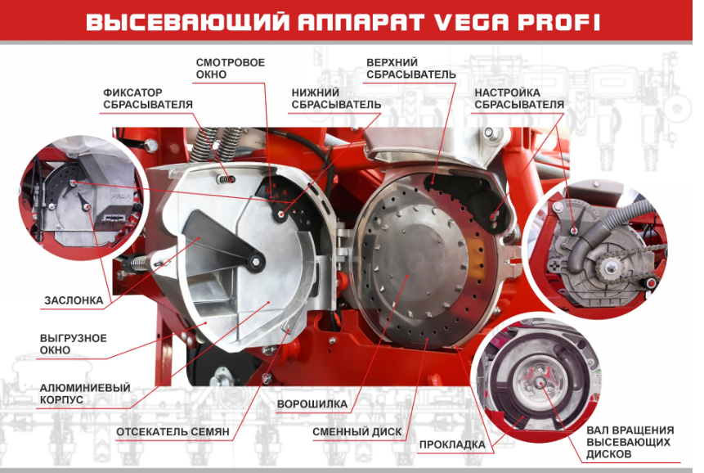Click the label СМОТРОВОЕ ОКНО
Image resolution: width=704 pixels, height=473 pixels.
pos(231,68)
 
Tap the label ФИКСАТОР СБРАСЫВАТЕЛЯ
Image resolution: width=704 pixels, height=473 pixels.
pos(148,98)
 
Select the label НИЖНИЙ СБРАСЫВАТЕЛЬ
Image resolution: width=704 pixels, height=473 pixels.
pos(336,98)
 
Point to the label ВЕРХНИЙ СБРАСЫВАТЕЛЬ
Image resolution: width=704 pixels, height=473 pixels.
pos(410,68)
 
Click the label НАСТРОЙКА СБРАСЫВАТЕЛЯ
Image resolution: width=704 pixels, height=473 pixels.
pos(519,98)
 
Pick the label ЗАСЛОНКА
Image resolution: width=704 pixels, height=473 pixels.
pos(74,300)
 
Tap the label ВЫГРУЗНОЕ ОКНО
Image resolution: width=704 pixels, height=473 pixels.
pos(74,344)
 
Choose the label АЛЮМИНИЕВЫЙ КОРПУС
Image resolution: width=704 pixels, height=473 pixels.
pos(85,394)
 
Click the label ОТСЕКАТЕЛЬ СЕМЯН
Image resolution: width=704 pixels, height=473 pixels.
pos(173,432)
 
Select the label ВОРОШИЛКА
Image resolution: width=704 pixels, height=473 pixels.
pos(312,404)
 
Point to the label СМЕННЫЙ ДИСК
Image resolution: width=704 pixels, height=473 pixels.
pos(357,432)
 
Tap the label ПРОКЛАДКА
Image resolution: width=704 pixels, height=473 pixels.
pos(452,444)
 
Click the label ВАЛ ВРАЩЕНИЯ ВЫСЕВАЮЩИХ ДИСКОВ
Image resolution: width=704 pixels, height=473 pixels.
pos(630,442)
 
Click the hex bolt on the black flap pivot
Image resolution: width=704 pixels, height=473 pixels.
pos(256,263)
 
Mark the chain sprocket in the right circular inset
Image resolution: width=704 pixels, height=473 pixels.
pos(609,269)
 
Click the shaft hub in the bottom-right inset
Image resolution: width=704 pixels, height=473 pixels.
pos(541,382)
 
